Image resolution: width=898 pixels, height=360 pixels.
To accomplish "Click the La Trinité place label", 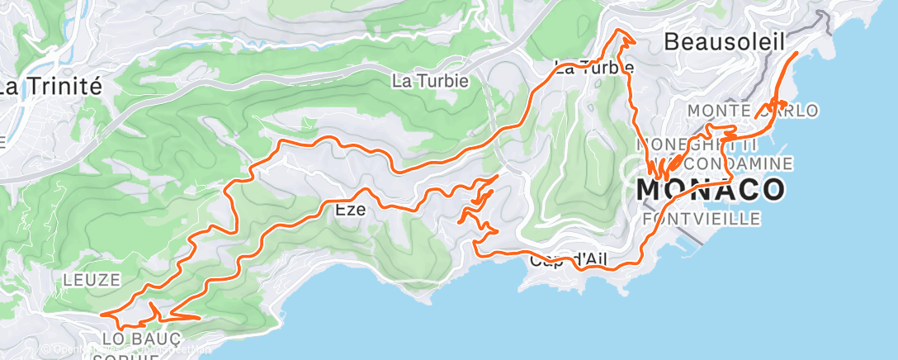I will coord(50,86).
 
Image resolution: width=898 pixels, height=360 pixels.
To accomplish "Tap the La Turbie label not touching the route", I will coord(430,81).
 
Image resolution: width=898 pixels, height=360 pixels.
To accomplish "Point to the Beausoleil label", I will coord(724,40).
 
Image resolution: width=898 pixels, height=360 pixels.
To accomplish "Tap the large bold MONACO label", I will coord(711,189).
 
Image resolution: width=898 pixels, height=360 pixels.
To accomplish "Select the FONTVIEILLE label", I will coord(701,219).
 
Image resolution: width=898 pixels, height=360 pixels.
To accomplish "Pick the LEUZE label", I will coord(92,280).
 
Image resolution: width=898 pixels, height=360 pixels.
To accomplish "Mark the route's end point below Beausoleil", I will coord(796,53).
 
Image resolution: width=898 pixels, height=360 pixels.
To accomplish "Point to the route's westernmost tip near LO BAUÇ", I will coord(102,314).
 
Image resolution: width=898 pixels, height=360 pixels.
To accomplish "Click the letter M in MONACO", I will coord(651,189).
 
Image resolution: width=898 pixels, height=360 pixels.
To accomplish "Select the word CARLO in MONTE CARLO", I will coord(787,111).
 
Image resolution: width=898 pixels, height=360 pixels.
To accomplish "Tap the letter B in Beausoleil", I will coord(671,40).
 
